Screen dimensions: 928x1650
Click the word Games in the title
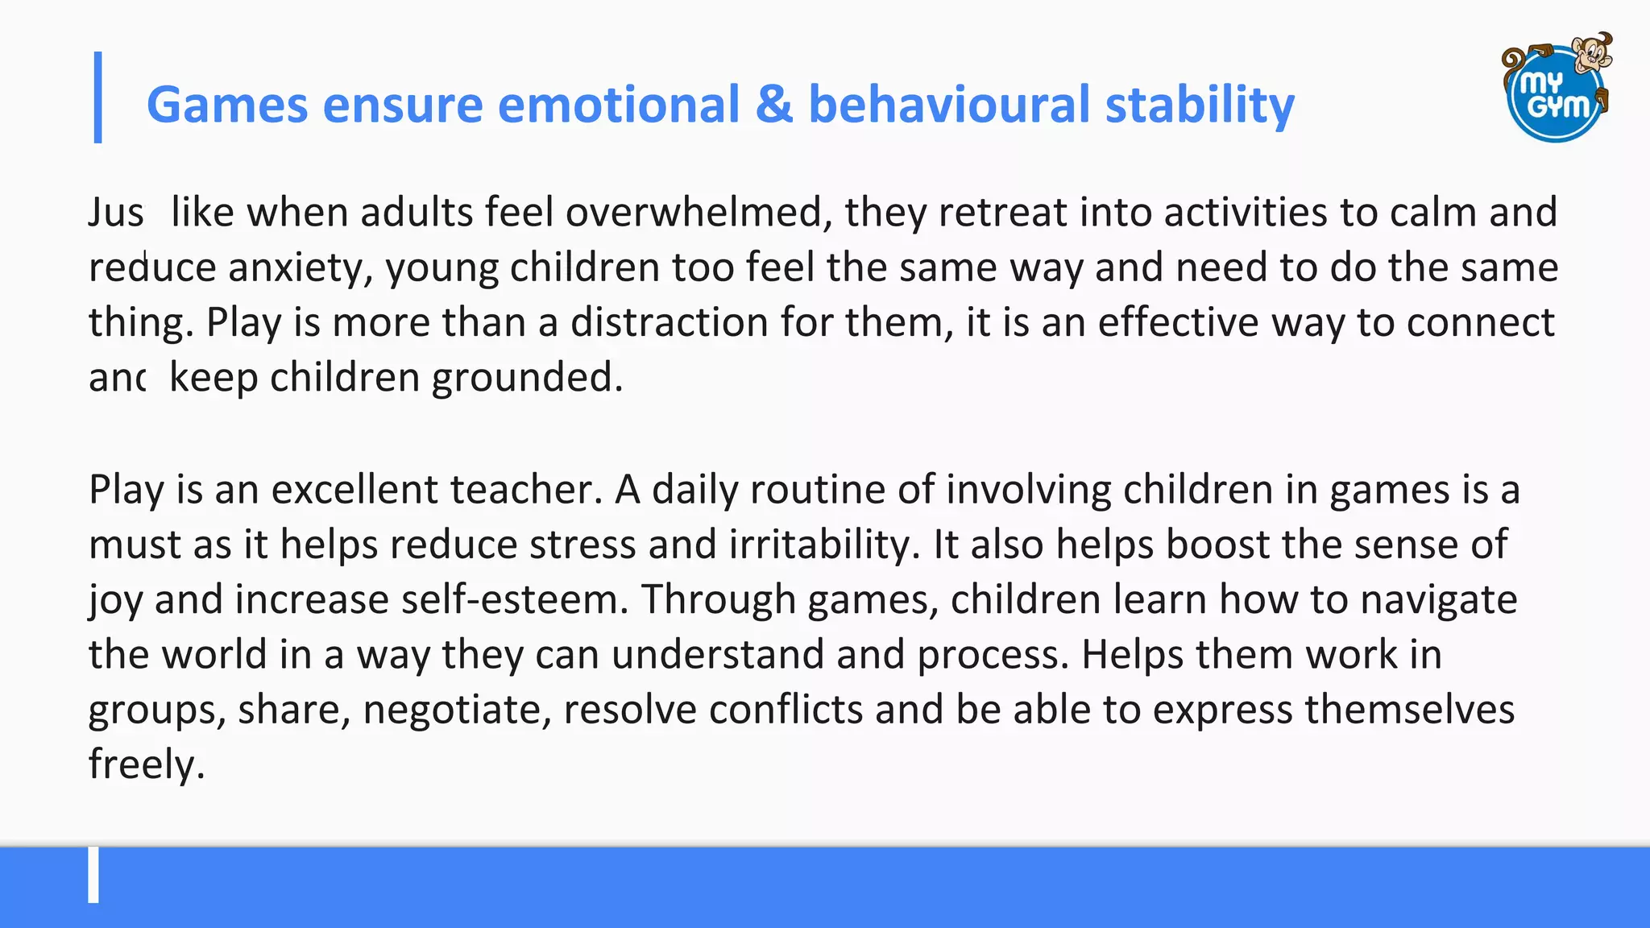click(x=227, y=106)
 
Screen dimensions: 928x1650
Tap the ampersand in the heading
click(x=774, y=106)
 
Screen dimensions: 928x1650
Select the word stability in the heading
click(x=1200, y=106)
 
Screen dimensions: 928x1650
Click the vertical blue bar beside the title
click(x=98, y=97)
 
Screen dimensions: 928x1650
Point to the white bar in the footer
click(x=93, y=874)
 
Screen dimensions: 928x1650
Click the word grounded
click(x=527, y=377)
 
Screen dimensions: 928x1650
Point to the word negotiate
click(x=457, y=710)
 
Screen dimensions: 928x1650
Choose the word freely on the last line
click(x=146, y=764)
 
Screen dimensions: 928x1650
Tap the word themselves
click(x=1410, y=710)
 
